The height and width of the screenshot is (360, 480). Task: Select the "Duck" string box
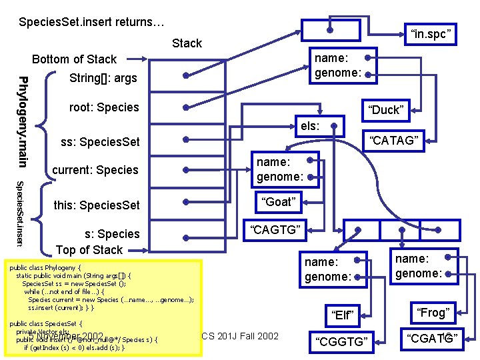[387, 110]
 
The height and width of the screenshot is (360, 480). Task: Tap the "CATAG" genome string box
[393, 140]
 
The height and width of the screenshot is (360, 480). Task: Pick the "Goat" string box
[278, 202]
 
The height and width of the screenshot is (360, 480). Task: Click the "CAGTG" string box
[276, 231]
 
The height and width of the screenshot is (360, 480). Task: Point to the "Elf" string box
[341, 313]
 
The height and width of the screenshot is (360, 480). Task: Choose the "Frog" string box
[433, 312]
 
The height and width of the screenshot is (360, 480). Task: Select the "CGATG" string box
[431, 341]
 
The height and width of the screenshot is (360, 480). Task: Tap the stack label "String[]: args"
[103, 79]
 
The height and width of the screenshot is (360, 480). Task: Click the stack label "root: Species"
[104, 107]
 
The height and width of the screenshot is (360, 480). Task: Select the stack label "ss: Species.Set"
[100, 142]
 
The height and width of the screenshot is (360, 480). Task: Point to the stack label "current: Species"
[95, 170]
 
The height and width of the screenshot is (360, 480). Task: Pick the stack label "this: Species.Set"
[97, 205]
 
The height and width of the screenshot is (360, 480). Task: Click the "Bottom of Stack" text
[74, 59]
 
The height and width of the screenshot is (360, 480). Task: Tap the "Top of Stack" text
[89, 250]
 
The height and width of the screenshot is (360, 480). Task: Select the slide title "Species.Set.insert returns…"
[91, 23]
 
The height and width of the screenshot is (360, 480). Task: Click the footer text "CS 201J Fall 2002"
[240, 335]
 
